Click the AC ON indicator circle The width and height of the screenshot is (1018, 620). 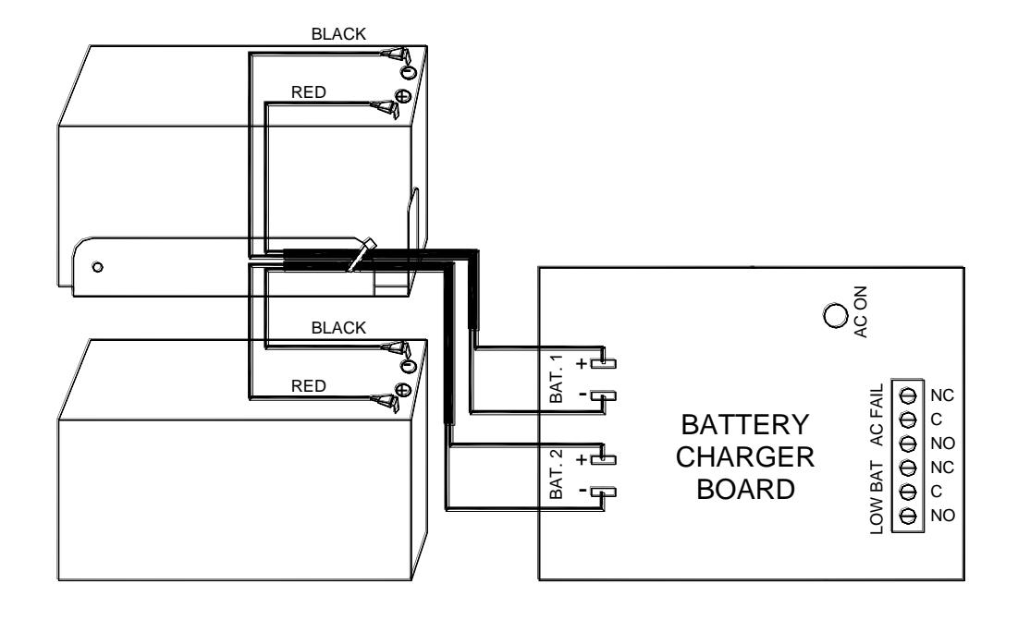(x=835, y=316)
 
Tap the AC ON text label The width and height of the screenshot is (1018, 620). (x=860, y=311)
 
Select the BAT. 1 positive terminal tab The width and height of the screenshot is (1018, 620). (x=607, y=363)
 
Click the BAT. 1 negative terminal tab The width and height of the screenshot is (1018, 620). (x=607, y=395)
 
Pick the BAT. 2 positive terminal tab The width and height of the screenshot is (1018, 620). (x=607, y=459)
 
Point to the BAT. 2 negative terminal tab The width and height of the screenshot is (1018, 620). (x=607, y=492)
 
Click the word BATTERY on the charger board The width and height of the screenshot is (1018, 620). (x=744, y=425)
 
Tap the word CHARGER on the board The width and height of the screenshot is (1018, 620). (x=744, y=457)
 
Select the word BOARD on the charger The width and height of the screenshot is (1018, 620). (x=745, y=489)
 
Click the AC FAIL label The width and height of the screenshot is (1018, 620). (x=877, y=415)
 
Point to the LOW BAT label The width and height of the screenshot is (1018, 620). (x=877, y=497)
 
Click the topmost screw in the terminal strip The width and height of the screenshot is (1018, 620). (x=908, y=395)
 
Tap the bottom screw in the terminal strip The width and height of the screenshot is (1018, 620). (x=908, y=515)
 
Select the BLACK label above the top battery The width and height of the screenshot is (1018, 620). (x=338, y=33)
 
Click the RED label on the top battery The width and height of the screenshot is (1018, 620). (x=309, y=92)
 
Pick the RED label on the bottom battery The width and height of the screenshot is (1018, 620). (x=309, y=386)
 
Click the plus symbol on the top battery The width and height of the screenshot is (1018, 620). (x=403, y=96)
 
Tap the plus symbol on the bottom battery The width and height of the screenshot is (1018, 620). (x=403, y=390)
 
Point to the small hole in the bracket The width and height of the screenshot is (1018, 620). (x=97, y=266)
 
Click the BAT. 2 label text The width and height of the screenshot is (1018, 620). (x=557, y=474)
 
